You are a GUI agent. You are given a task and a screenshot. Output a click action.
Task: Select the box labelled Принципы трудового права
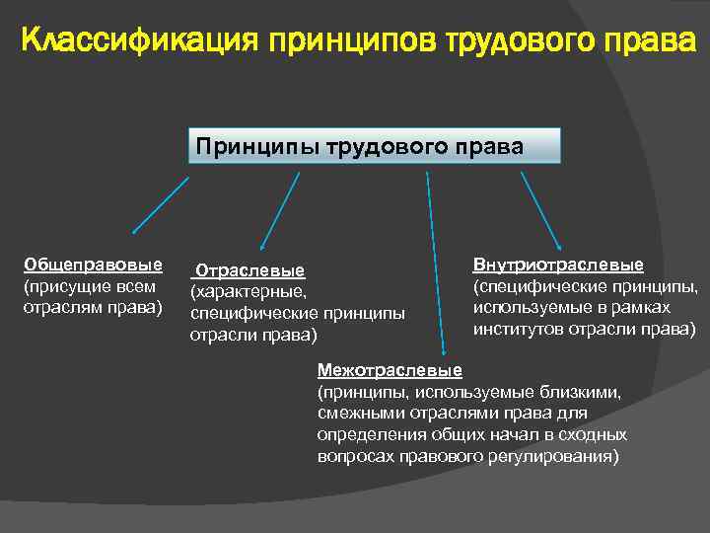click(x=373, y=145)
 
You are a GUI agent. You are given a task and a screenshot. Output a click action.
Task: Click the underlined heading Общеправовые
click(x=93, y=265)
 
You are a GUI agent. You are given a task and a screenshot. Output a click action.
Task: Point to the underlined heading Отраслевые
click(x=250, y=270)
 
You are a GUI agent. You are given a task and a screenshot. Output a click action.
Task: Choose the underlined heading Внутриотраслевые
click(x=558, y=265)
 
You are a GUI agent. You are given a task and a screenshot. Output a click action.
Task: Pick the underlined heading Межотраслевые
click(x=390, y=370)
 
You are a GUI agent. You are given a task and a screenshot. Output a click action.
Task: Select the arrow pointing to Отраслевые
click(x=279, y=210)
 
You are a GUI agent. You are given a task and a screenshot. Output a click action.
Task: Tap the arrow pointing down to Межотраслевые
click(x=435, y=262)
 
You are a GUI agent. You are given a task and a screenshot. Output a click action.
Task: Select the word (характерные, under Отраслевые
click(x=249, y=292)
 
